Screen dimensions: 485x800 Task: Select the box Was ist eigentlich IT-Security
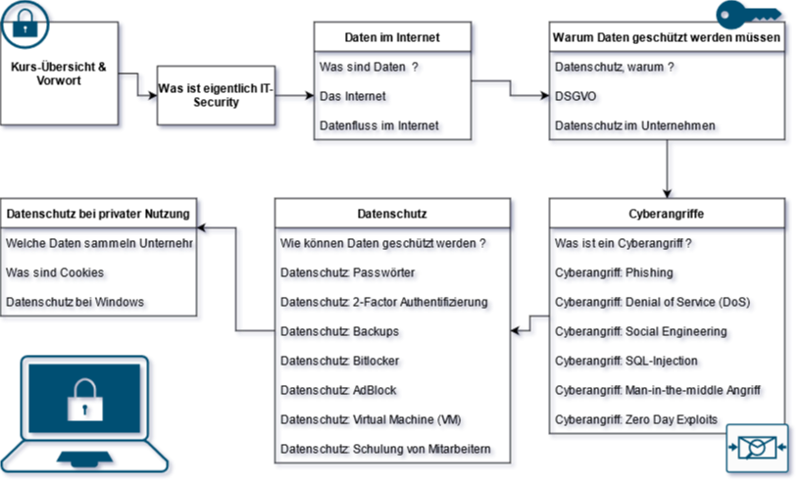click(x=217, y=95)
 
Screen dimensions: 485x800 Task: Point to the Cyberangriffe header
click(x=667, y=213)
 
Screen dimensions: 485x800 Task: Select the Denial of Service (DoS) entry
click(x=654, y=303)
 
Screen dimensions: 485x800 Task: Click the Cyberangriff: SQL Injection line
click(x=627, y=362)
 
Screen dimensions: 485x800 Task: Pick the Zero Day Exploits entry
click(x=638, y=420)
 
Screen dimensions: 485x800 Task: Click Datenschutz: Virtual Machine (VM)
click(x=372, y=420)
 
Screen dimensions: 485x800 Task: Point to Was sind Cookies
click(x=56, y=273)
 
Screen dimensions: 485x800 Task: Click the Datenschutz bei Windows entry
click(x=76, y=303)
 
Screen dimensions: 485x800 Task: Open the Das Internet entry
click(x=354, y=98)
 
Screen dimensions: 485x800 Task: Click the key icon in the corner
click(x=750, y=14)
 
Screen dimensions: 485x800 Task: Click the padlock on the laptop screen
click(x=83, y=400)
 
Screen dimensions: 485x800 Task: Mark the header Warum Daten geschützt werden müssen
click(x=667, y=37)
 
